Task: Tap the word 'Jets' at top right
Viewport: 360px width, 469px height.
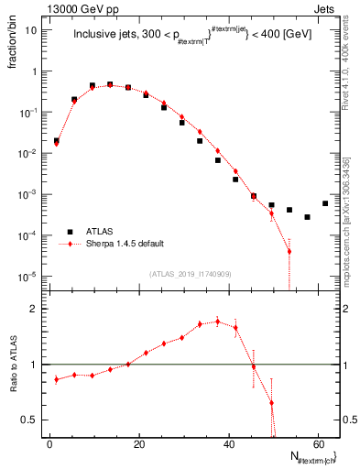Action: click(x=326, y=7)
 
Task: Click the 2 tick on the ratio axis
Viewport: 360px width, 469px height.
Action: click(x=31, y=309)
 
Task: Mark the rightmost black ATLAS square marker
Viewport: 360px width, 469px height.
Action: click(x=325, y=203)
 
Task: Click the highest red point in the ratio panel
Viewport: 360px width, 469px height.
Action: click(x=218, y=322)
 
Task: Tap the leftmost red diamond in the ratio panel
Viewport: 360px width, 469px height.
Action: click(x=57, y=378)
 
